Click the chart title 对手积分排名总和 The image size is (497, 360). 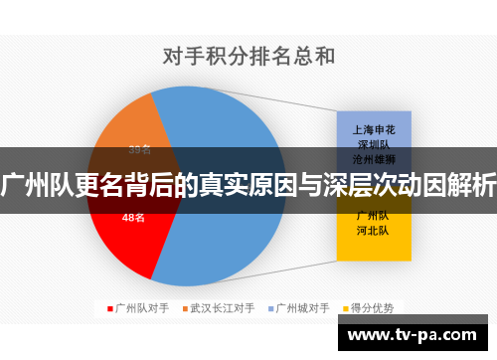click(248, 57)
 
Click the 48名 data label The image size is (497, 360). click(133, 217)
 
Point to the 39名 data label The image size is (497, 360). click(140, 149)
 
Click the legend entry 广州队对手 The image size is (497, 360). click(139, 308)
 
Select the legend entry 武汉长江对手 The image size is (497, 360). click(223, 308)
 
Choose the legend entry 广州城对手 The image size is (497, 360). click(302, 308)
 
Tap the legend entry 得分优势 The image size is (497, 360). click(371, 308)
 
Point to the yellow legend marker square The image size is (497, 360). click(344, 308)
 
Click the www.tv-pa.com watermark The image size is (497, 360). click(417, 334)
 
